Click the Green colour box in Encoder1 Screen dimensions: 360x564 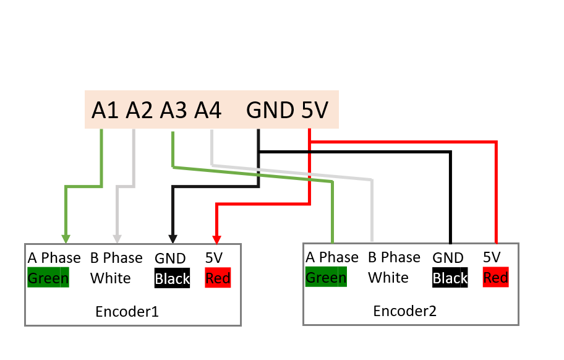(x=48, y=278)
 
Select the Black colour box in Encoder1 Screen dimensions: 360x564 (x=172, y=279)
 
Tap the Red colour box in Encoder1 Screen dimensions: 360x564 (x=218, y=278)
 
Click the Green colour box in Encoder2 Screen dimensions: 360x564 (x=326, y=278)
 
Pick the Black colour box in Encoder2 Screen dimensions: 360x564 (x=450, y=278)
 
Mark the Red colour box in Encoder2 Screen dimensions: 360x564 (x=495, y=278)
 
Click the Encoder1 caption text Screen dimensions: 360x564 (x=127, y=312)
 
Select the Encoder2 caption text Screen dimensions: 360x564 (x=405, y=311)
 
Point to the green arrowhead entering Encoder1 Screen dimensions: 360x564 (x=66, y=239)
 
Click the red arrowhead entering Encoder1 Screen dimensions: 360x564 (x=216, y=239)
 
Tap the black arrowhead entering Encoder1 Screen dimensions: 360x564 (x=173, y=239)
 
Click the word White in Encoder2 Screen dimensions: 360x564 (x=388, y=278)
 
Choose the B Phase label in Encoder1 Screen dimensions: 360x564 (x=116, y=258)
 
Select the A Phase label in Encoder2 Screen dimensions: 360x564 (x=332, y=257)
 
